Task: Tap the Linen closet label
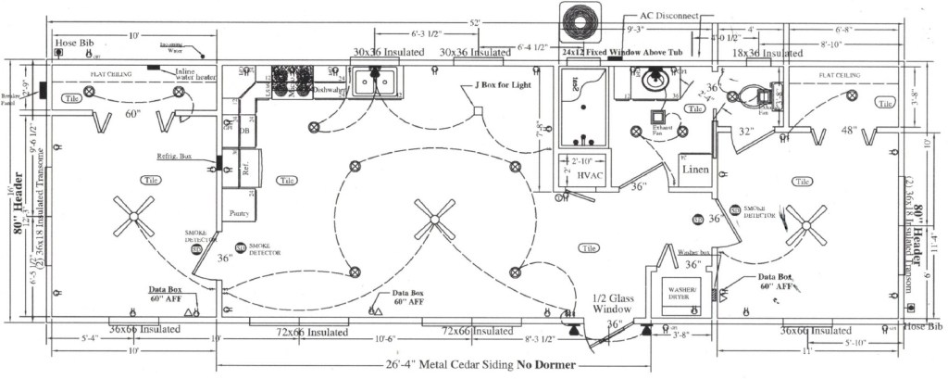click(695, 170)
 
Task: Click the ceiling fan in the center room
click(434, 222)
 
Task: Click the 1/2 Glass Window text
click(612, 303)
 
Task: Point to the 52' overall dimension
click(475, 21)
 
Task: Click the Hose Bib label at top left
click(71, 43)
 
